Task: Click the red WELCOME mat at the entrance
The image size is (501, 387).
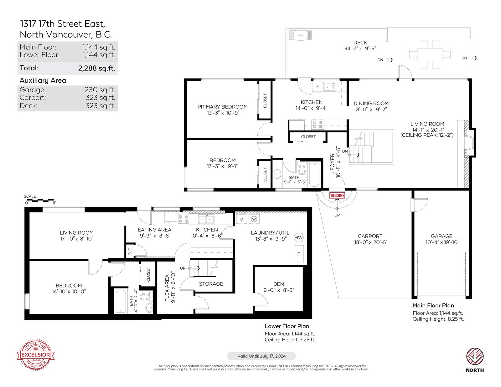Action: tap(337, 196)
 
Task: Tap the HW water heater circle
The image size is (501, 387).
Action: tap(298, 237)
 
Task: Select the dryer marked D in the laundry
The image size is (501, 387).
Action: tap(242, 219)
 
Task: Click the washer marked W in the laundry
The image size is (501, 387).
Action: tap(254, 219)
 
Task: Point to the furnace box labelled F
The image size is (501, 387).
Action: tap(299, 254)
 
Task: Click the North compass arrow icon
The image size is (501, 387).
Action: tap(475, 356)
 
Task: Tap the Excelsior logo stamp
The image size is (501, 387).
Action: tap(36, 355)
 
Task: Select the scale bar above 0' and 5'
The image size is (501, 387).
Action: tap(40, 201)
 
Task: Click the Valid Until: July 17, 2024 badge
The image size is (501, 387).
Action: tap(261, 356)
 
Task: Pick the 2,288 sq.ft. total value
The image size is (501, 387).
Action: tap(97, 68)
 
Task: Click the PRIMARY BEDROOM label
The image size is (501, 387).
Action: tap(223, 107)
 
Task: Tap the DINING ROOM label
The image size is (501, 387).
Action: tap(371, 104)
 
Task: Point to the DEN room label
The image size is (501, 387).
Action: tap(278, 284)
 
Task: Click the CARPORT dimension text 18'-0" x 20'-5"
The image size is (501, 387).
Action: tap(371, 242)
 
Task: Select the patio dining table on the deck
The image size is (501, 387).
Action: tap(430, 54)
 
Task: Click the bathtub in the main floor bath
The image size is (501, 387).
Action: tap(314, 175)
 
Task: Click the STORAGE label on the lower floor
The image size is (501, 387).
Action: tap(211, 284)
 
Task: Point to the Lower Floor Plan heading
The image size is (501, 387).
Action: tap(287, 326)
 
